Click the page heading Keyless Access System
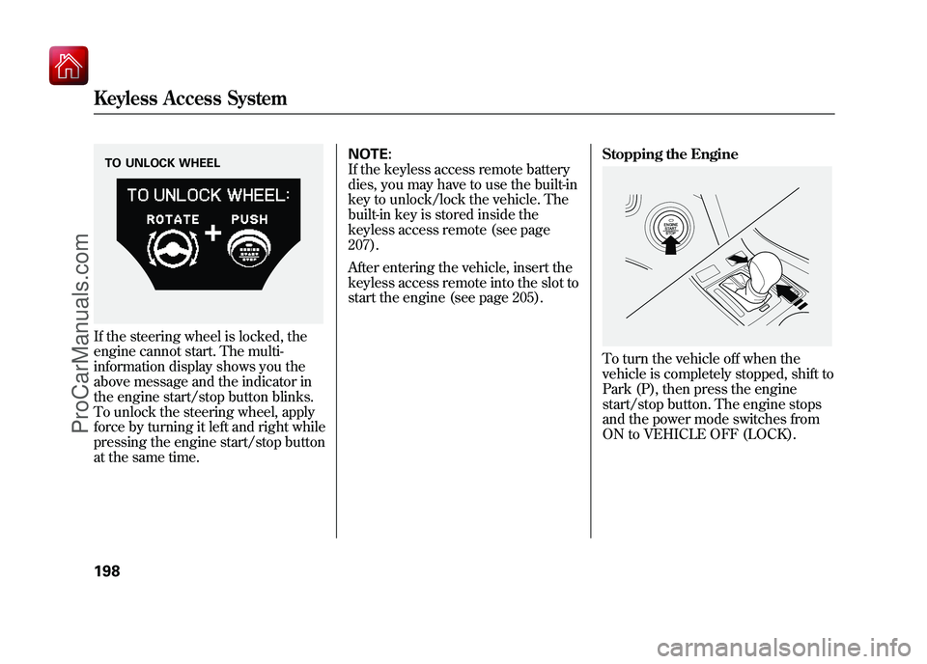click(x=190, y=98)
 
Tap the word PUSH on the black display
click(x=249, y=220)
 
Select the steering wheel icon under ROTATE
click(x=167, y=254)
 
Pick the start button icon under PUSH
click(x=249, y=254)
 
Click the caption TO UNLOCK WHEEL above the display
click(x=163, y=163)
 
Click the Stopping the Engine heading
click(x=659, y=154)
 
